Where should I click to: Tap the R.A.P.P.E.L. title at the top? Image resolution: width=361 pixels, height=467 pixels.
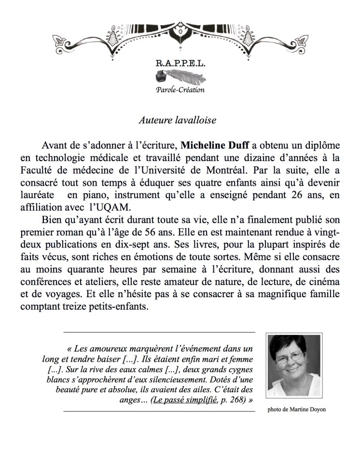pyautogui.click(x=180, y=63)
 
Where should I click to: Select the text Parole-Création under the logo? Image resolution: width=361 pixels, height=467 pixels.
pyautogui.click(x=180, y=90)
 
